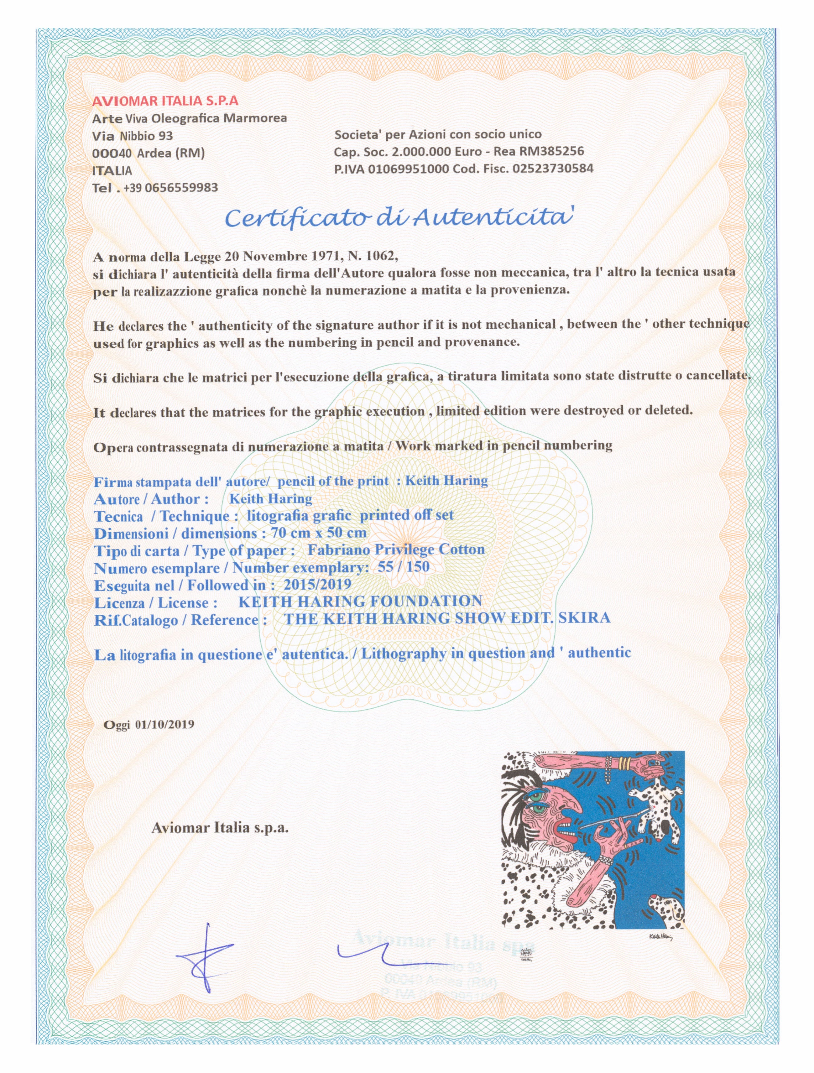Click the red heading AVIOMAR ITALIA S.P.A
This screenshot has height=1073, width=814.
[x=165, y=102]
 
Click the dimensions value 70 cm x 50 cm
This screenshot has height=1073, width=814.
[x=318, y=533]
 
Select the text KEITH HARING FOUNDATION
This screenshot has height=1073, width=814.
[x=360, y=602]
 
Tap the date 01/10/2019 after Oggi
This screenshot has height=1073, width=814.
[x=165, y=725]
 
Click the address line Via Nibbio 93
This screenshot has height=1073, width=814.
[x=133, y=136]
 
